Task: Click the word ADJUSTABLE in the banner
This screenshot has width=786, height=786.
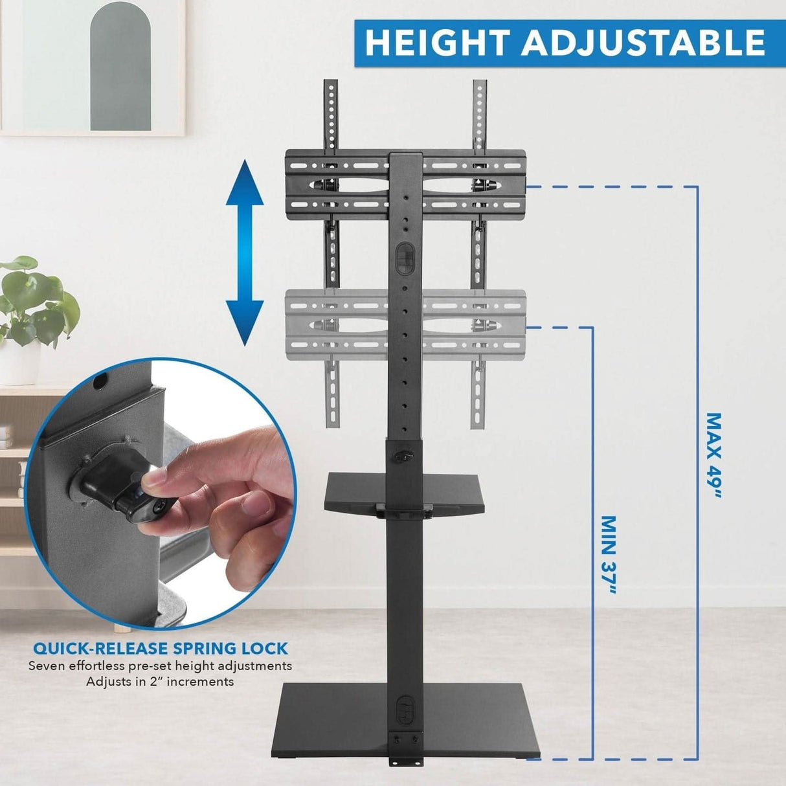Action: pyautogui.click(x=644, y=43)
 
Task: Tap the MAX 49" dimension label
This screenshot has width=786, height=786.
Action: pyautogui.click(x=713, y=456)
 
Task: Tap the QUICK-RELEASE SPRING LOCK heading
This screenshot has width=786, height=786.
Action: pyautogui.click(x=161, y=648)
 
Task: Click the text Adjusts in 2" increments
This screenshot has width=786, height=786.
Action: pyautogui.click(x=160, y=682)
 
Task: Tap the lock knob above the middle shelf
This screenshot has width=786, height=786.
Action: pyautogui.click(x=402, y=456)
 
